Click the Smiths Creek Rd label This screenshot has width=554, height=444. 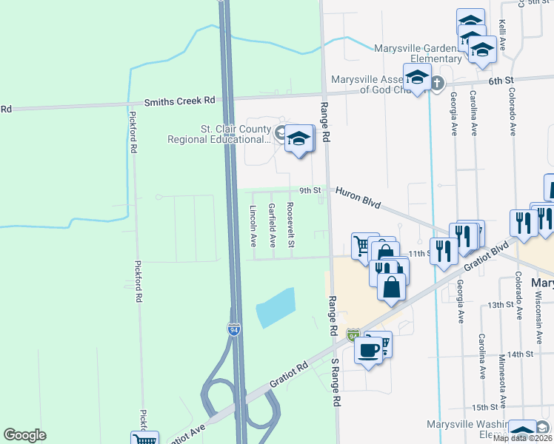pos(179,99)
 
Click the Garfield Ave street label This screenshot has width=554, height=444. pos(272,225)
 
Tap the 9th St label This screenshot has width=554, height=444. pos(310,190)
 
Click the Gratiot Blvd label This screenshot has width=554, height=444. pos(488,256)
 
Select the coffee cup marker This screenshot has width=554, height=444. pos(369,349)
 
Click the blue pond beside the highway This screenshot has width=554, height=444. pos(276,308)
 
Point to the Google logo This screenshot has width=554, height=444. pos(24,436)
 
